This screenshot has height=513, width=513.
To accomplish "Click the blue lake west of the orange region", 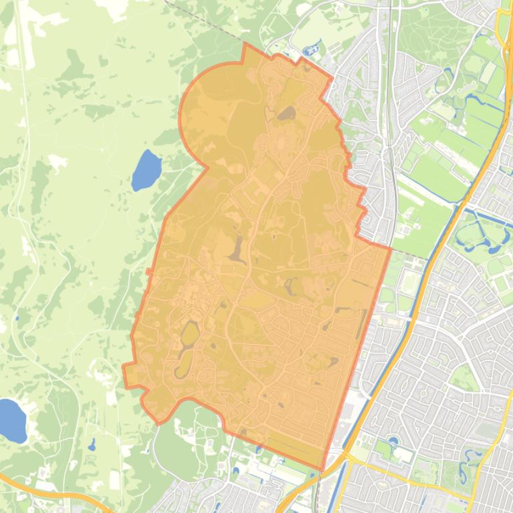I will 146,171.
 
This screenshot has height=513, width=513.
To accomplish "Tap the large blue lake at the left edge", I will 11,420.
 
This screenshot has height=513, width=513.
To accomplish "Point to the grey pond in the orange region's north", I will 288,114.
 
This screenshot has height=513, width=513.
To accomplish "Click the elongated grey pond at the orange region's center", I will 237,249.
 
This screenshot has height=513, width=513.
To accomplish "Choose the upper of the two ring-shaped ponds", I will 189,333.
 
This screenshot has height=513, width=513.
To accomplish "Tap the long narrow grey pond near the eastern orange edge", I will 362,324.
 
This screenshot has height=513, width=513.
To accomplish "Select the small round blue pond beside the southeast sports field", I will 392,440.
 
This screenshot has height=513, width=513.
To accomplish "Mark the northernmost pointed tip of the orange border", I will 244,44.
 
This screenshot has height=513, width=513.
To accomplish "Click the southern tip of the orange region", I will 323,469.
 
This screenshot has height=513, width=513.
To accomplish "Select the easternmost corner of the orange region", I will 390,249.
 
